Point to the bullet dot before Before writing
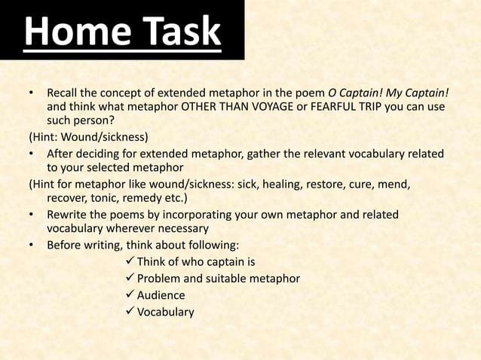pos(31,246)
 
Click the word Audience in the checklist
pos(161,296)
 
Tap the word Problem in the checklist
pos(161,279)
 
